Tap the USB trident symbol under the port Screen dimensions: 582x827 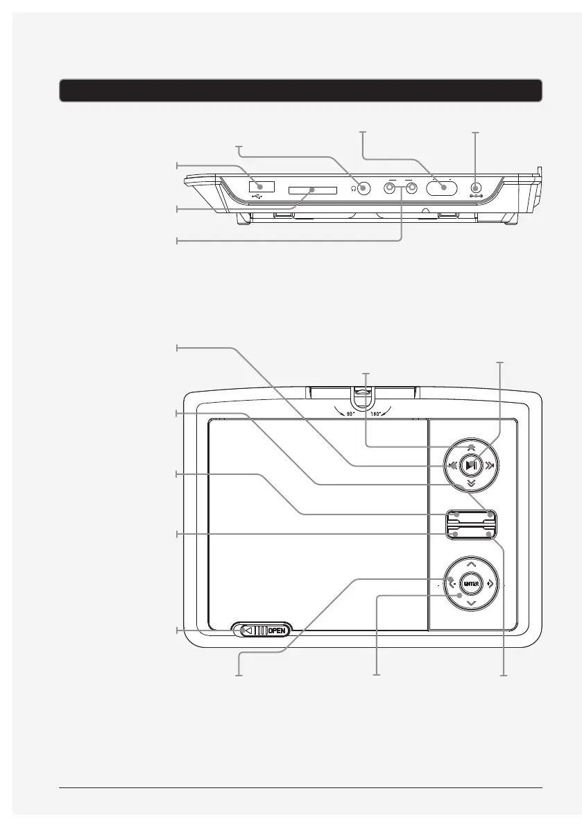tap(257, 197)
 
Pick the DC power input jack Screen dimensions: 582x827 tap(476, 187)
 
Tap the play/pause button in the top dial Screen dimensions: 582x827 tap(472, 465)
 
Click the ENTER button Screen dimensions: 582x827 tap(471, 584)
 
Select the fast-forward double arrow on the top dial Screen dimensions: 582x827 tap(491, 465)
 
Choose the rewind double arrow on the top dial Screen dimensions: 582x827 tap(452, 465)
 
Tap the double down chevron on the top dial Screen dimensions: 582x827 tap(472, 483)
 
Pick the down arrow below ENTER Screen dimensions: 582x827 tap(471, 604)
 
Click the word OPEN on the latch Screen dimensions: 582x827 tap(277, 630)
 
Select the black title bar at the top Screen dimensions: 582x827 tap(300, 90)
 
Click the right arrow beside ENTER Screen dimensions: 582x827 tap(491, 584)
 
